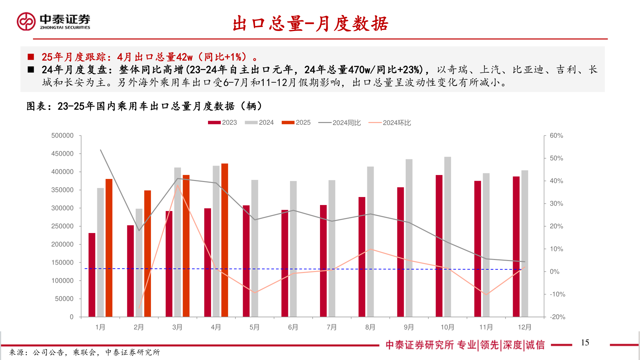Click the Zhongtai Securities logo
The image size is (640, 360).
point(53,22)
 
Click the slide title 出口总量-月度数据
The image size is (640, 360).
point(310,24)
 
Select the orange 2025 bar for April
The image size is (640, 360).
point(225,240)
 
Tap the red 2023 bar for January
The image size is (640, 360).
point(92,275)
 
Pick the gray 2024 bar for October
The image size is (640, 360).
point(448,237)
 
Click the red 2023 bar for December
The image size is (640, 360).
point(516,247)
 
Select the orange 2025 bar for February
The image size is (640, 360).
point(148,253)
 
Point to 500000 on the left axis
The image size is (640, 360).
point(62,136)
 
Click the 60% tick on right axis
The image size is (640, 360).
point(556,136)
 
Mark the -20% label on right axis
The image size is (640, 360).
point(557,317)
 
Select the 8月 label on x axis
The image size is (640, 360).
point(370,327)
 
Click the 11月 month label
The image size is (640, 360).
point(486,327)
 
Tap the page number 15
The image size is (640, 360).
point(585,343)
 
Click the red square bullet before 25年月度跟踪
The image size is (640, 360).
point(31,57)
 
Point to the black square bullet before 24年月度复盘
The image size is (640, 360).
point(31,70)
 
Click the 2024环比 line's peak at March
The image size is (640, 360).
point(178,185)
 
